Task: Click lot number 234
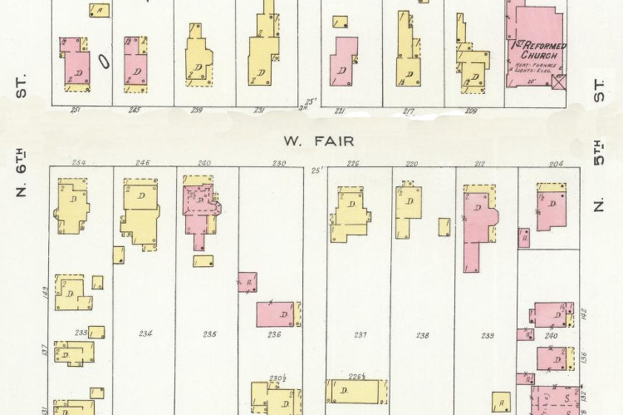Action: coord(145,333)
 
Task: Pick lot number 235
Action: coord(209,333)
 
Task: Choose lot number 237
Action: coord(360,334)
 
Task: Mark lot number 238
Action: coord(422,334)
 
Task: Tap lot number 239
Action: coord(485,334)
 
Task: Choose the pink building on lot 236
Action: coord(275,314)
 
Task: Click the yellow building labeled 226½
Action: coord(358,391)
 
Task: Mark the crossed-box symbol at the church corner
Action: coord(558,82)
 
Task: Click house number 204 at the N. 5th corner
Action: coord(551,163)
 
